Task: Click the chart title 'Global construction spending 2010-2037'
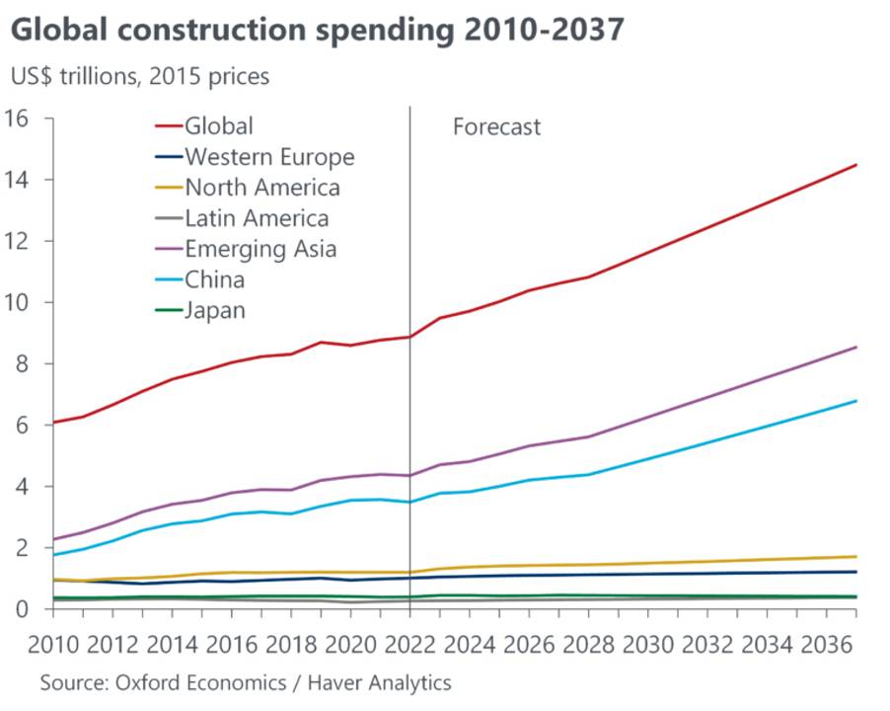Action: click(317, 30)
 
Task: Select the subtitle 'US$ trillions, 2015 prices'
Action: click(139, 76)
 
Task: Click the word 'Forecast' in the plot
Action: click(496, 126)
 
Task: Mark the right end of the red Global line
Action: click(855, 165)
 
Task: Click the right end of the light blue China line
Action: click(855, 401)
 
